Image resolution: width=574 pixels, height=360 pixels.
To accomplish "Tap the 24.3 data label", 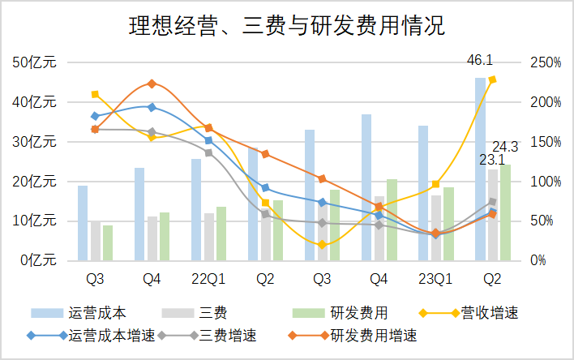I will [505, 147].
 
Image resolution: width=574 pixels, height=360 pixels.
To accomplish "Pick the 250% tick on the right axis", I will [545, 62].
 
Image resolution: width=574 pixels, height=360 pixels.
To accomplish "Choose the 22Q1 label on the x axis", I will [208, 280].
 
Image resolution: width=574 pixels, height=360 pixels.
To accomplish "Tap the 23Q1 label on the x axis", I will [435, 280].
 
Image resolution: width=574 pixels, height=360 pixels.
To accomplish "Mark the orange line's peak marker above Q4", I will [152, 84].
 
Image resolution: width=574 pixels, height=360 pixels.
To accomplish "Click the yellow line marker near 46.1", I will [492, 79].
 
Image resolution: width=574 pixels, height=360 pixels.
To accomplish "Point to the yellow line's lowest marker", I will [322, 244].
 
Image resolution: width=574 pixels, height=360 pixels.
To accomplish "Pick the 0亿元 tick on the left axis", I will [34, 260].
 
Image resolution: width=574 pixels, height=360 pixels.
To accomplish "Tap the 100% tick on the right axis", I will [545, 181].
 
